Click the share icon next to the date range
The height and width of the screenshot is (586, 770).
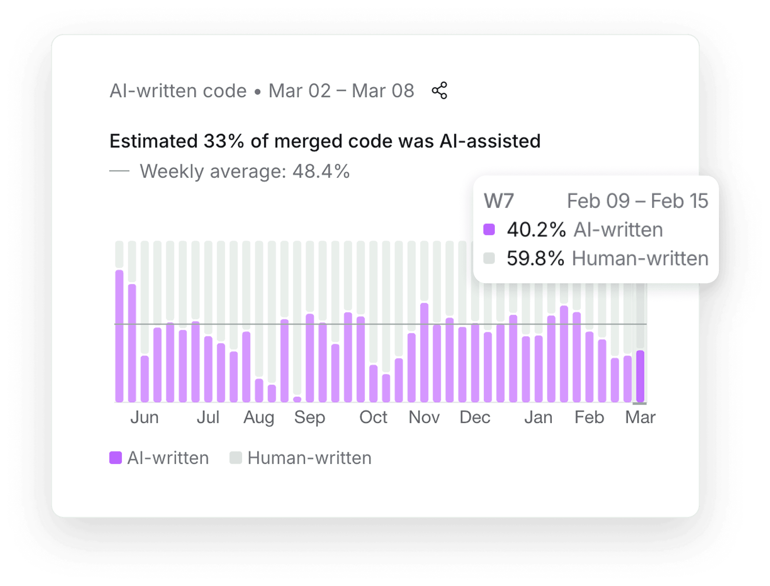440,91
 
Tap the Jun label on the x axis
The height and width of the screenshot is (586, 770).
144,417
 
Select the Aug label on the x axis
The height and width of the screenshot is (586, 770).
259,417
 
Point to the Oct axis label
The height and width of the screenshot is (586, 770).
373,417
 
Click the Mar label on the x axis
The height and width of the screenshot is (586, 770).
640,417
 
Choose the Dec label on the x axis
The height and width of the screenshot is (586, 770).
475,417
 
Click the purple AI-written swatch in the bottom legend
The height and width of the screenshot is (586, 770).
115,458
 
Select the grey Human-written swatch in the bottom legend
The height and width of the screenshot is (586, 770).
236,458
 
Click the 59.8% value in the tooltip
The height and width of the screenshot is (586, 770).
535,258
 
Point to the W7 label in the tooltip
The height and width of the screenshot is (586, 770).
499,201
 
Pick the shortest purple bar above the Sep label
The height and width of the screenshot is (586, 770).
297,399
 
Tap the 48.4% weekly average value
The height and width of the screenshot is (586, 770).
321,171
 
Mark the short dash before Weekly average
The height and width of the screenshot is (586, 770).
119,171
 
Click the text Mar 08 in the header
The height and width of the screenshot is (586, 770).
383,91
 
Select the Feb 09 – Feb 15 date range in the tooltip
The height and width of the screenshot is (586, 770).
638,201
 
